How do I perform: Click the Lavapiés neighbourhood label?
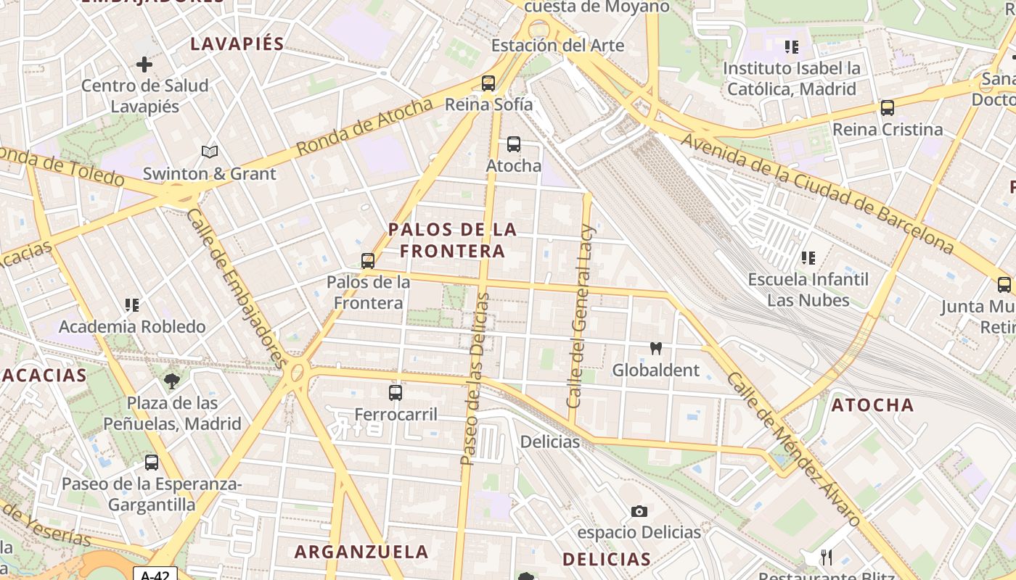[x=237, y=43]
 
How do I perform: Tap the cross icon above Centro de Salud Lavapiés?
[x=144, y=65]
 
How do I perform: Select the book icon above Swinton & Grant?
[x=210, y=152]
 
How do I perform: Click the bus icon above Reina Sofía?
[x=488, y=83]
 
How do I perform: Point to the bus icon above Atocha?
[x=514, y=144]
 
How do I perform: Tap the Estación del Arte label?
[x=557, y=46]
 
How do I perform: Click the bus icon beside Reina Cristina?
[x=887, y=108]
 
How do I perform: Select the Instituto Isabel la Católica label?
[x=792, y=79]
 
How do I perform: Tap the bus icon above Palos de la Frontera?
[x=368, y=260]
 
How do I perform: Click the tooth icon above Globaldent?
[x=656, y=349]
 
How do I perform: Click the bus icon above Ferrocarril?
[x=396, y=393]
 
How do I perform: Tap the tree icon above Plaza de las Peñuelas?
[x=172, y=381]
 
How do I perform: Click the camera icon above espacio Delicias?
[x=639, y=511]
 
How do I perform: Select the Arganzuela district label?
[x=361, y=552]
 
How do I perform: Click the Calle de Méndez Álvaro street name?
[x=794, y=449]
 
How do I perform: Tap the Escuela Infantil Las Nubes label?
[x=808, y=289]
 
